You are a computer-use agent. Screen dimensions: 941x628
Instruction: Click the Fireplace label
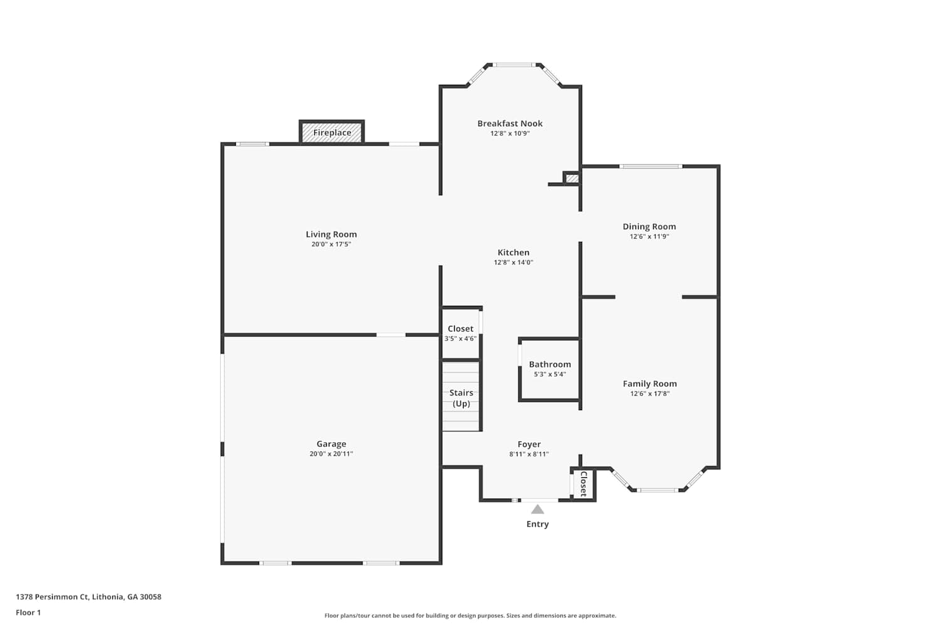(332, 133)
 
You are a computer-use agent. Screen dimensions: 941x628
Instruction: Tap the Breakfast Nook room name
(509, 123)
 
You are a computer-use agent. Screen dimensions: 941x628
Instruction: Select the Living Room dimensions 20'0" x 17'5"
(331, 244)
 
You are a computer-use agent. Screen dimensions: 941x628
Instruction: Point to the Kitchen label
(513, 252)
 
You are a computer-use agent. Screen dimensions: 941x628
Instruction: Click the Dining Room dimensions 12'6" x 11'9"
(649, 236)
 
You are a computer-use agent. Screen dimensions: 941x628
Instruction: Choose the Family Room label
(649, 384)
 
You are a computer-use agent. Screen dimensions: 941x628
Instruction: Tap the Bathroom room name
(550, 364)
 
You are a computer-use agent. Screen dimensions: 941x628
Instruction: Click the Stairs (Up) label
(461, 398)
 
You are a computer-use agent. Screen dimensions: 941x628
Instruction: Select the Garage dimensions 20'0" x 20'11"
(331, 453)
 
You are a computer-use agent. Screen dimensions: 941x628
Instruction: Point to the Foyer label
(529, 444)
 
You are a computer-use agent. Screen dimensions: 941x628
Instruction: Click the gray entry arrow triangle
(537, 509)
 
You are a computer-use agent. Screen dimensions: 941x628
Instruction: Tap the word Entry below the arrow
(537, 524)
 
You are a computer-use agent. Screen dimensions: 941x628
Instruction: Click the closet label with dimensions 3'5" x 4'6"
(460, 328)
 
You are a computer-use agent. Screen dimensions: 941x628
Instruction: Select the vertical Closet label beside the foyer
(583, 484)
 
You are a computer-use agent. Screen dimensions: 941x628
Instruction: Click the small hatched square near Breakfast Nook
(572, 178)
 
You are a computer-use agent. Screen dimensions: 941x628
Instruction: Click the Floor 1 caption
(28, 612)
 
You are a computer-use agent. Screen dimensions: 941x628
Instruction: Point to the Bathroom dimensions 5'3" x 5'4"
(550, 374)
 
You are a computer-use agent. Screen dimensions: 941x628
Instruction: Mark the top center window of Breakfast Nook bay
(514, 65)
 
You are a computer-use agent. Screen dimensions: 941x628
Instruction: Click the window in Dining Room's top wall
(651, 166)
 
